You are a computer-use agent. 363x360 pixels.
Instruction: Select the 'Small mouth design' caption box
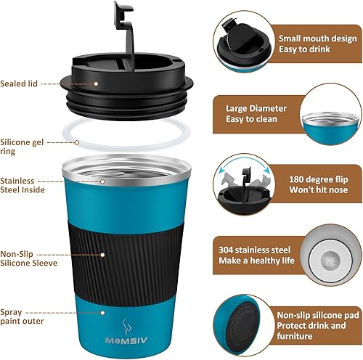[303, 43]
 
